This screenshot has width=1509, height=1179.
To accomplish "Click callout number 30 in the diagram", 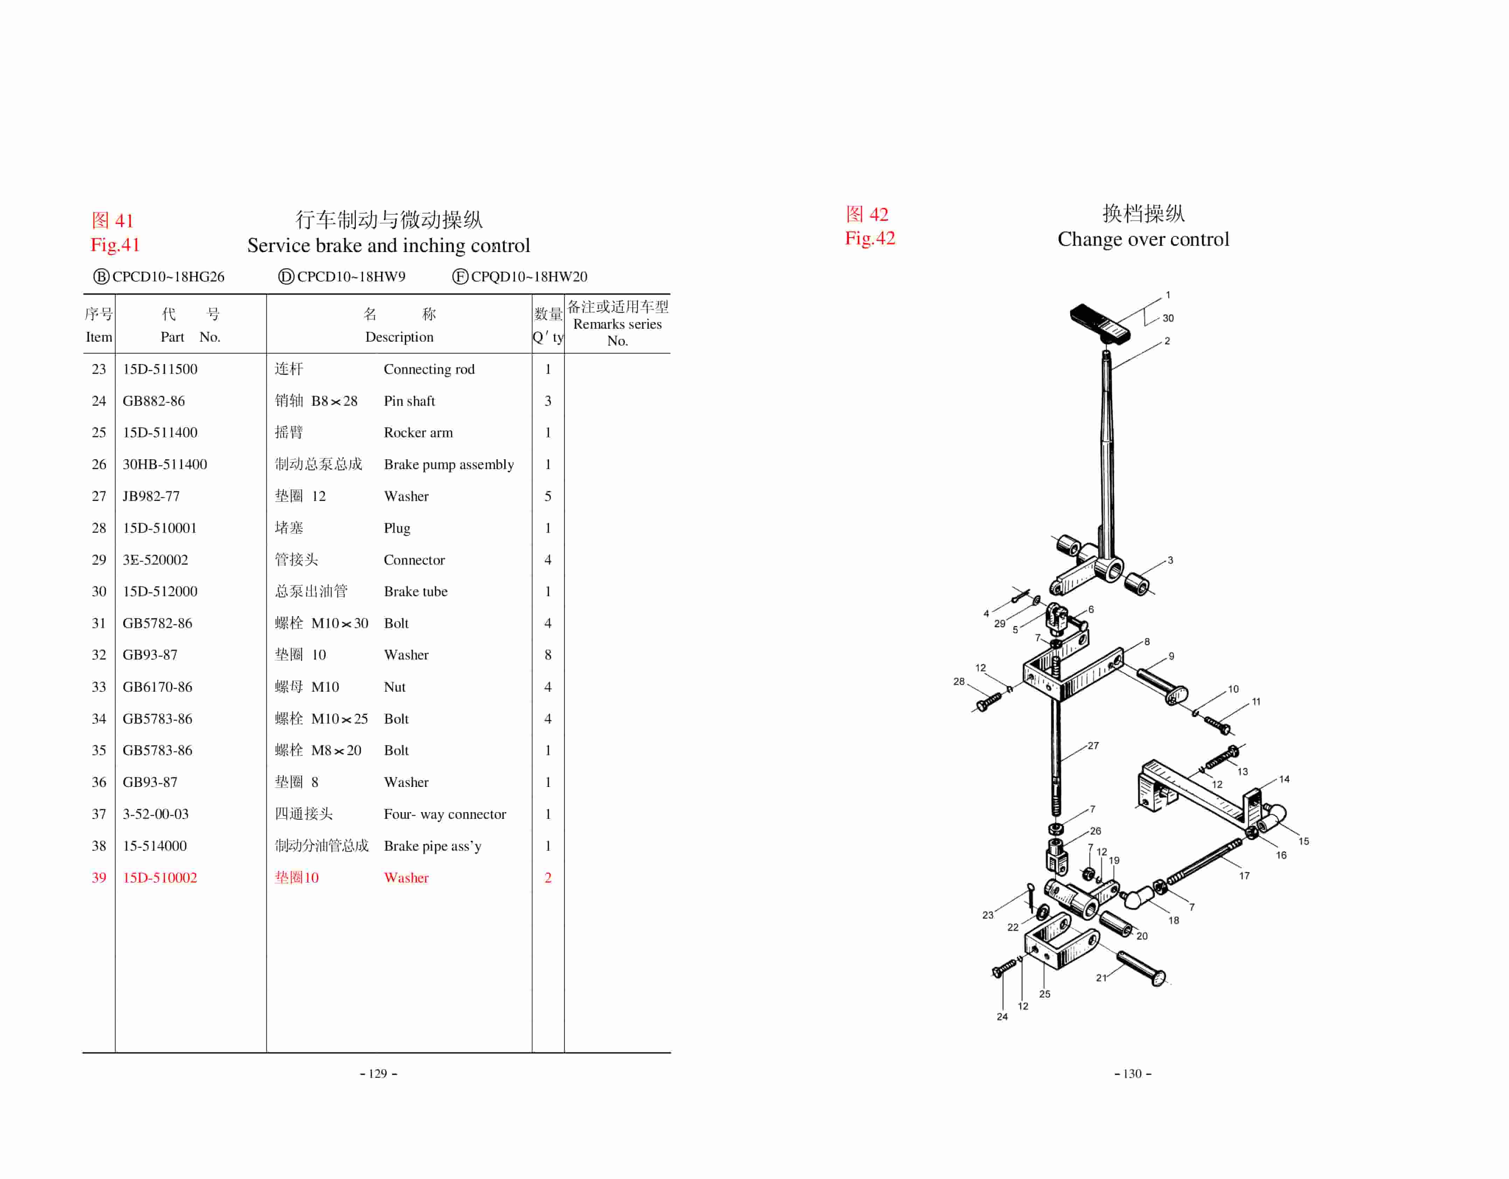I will [x=1168, y=319].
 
